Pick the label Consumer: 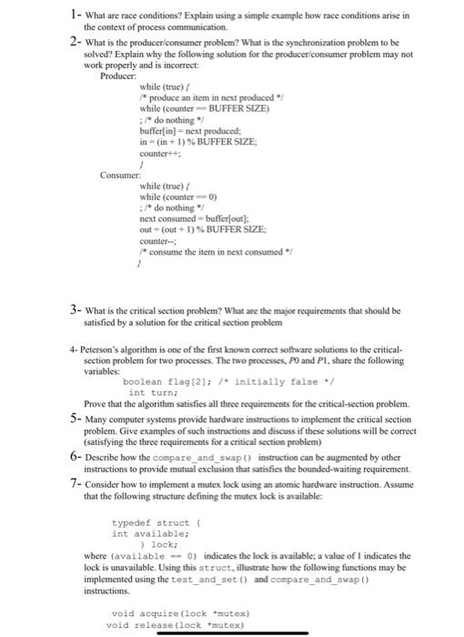pyautogui.click(x=121, y=174)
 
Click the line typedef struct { pyautogui.click(x=151, y=523)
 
